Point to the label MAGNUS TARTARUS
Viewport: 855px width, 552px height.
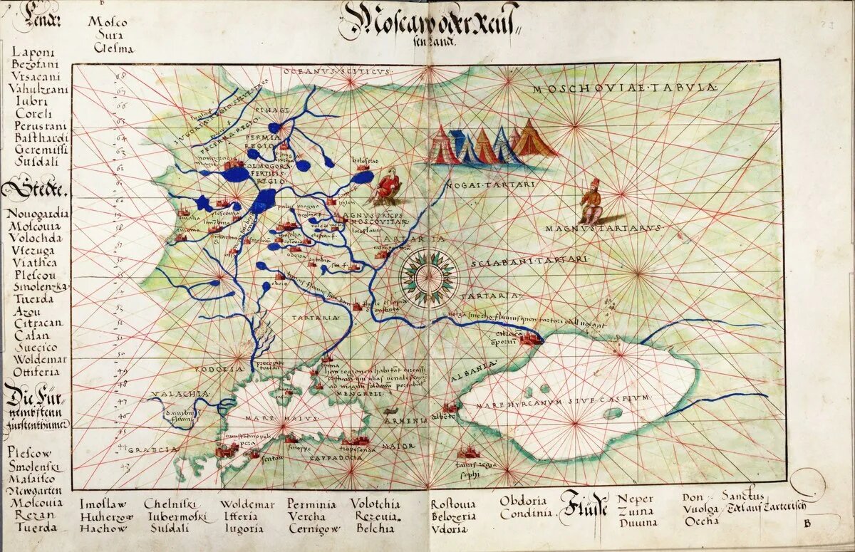tap(604, 228)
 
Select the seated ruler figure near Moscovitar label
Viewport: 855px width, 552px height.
tap(388, 184)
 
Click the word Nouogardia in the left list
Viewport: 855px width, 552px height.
tap(39, 213)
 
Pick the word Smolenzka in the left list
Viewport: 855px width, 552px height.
tap(40, 287)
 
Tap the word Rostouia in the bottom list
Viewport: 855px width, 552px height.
tap(454, 504)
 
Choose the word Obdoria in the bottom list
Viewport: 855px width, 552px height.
tap(523, 500)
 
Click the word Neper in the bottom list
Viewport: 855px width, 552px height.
tap(635, 499)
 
